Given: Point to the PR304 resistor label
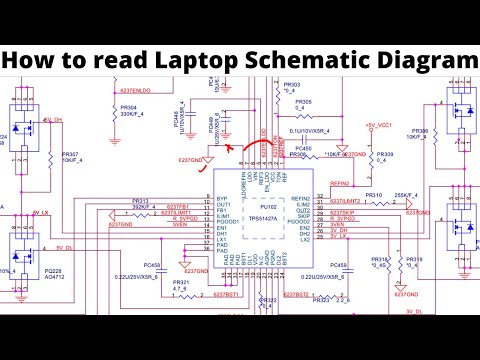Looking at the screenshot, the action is [129, 107].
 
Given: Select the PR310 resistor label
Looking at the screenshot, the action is [374, 194].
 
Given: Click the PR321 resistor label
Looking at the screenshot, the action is [181, 283].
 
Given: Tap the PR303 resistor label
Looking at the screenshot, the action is [291, 85].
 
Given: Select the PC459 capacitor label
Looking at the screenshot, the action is [339, 265].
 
